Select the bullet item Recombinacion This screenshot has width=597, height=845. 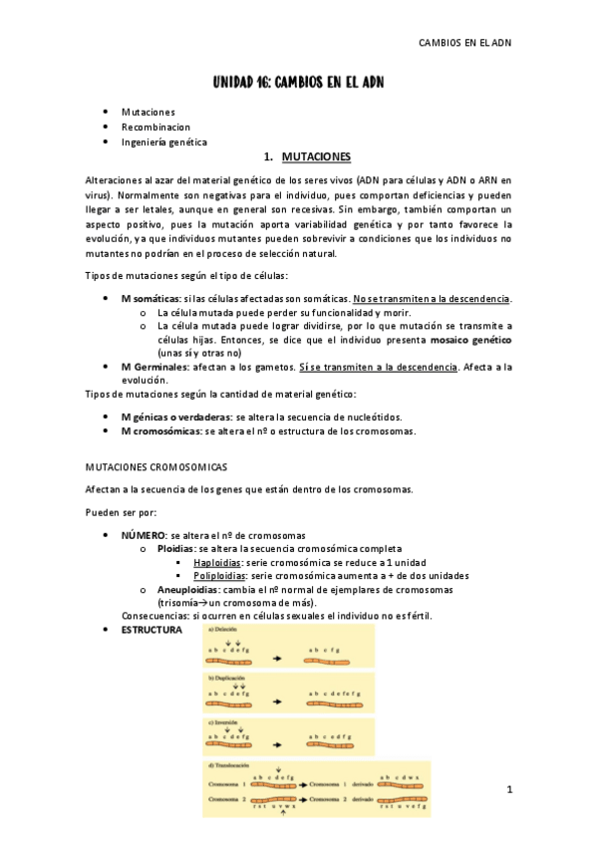155,128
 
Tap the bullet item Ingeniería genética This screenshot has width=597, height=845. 164,142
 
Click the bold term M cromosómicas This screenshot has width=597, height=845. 159,431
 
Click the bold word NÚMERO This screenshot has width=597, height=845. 144,536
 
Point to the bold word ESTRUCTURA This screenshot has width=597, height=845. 151,631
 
